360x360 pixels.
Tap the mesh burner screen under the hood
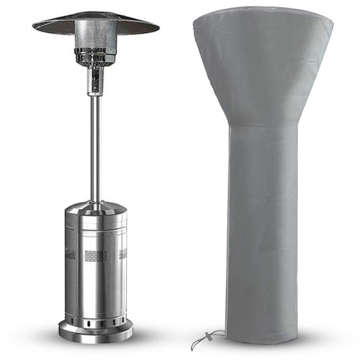click(x=95, y=35)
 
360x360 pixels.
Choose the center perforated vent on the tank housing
click(x=96, y=255)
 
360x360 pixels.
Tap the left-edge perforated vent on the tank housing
click(x=69, y=254)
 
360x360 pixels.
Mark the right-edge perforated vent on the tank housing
click(x=122, y=254)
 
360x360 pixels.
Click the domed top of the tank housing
click(x=96, y=208)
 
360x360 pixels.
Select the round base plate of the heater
click(x=96, y=332)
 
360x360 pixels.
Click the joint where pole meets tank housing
click(x=95, y=201)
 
